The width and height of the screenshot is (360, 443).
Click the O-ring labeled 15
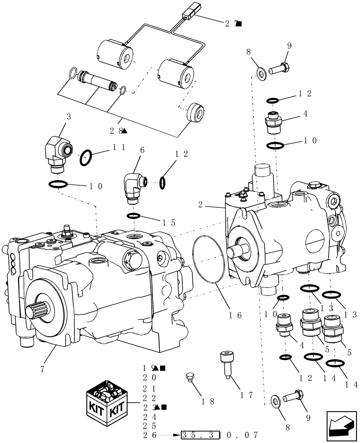[x=134, y=216]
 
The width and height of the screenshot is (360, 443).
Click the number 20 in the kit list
[x=149, y=378]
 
